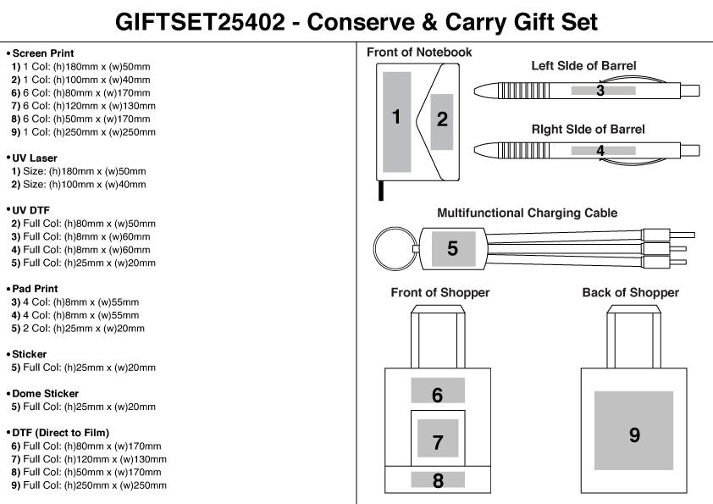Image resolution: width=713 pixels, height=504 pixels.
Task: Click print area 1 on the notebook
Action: click(x=396, y=117)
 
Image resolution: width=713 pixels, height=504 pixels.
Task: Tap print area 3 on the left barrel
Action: click(x=600, y=89)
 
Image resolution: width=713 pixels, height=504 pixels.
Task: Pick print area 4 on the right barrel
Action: click(x=600, y=151)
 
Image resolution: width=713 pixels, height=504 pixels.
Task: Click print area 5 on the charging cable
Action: click(x=452, y=248)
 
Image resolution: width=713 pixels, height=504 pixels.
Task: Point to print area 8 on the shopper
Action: click(x=438, y=480)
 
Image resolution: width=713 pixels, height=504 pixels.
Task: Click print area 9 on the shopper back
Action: click(x=633, y=435)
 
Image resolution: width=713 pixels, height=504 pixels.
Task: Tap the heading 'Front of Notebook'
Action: click(x=419, y=53)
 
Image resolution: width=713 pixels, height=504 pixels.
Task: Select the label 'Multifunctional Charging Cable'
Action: click(x=527, y=213)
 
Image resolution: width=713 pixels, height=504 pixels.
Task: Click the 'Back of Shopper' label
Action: click(x=630, y=293)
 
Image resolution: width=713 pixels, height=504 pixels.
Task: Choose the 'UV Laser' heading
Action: click(x=35, y=158)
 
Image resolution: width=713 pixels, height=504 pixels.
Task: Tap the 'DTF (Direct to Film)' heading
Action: click(x=60, y=433)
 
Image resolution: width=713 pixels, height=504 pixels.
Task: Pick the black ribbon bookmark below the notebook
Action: click(x=381, y=191)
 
